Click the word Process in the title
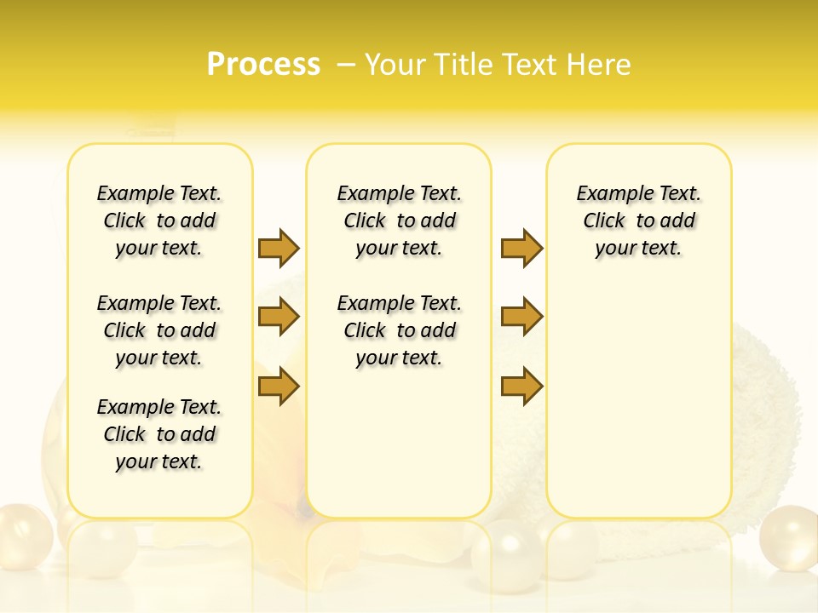[x=263, y=65]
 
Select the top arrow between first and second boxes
[x=279, y=248]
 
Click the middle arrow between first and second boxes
[x=279, y=317]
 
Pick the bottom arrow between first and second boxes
[x=279, y=387]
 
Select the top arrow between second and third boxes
[x=521, y=248]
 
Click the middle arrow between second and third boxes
[x=521, y=317]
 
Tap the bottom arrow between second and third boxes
[x=521, y=387]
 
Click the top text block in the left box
[x=159, y=221]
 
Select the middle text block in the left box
[x=159, y=330]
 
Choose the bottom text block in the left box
[x=159, y=434]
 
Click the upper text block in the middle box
[x=399, y=221]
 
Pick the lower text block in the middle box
[x=399, y=330]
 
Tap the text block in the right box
[x=638, y=221]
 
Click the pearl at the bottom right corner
[x=788, y=538]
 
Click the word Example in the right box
[x=608, y=194]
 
